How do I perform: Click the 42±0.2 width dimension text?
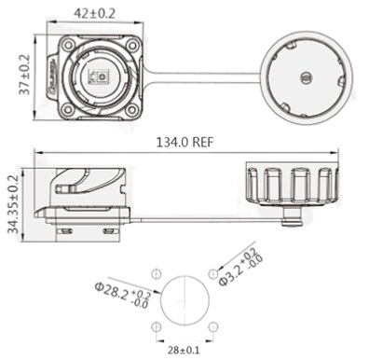pos(94,13)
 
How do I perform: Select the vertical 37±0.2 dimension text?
pos(24,75)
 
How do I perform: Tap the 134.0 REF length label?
pos(184,143)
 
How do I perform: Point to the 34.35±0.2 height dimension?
pos(13,204)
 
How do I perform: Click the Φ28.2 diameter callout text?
pos(123,294)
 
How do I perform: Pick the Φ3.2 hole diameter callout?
pos(240,267)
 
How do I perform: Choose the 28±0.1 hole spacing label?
pos(184,351)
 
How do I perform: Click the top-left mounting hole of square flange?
pos(67,46)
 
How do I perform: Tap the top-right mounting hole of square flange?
pos(132,46)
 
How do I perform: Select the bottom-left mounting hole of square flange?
pos(67,109)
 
